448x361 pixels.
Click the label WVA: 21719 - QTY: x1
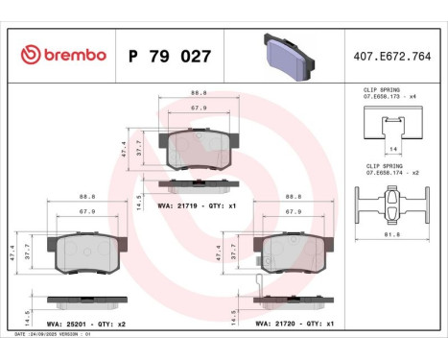click(x=196, y=205)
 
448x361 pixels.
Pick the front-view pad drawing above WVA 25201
click(x=87, y=252)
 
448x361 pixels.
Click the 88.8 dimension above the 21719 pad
click(x=199, y=92)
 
